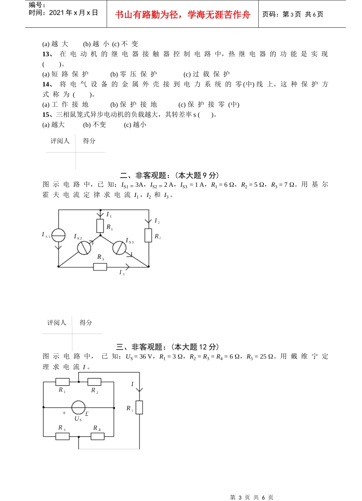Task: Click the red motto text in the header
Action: pyautogui.click(x=183, y=14)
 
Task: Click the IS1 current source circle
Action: pyautogui.click(x=58, y=235)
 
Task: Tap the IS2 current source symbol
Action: pyautogui.click(x=84, y=248)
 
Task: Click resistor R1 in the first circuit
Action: pyautogui.click(x=100, y=226)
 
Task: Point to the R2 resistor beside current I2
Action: pyautogui.click(x=149, y=235)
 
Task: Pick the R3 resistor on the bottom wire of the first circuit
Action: pyautogui.click(x=100, y=267)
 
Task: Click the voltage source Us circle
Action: pyautogui.click(x=78, y=407)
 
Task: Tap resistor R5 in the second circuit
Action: pyautogui.click(x=139, y=407)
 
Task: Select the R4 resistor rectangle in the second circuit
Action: pyautogui.click(x=98, y=436)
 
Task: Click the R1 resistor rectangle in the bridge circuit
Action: pyautogui.click(x=62, y=382)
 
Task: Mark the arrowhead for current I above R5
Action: pyautogui.click(x=139, y=390)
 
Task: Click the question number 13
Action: pyautogui.click(x=47, y=54)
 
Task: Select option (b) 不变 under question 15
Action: pyautogui.click(x=95, y=125)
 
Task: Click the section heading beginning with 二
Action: pyautogui.click(x=170, y=175)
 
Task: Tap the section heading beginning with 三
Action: pyautogui.click(x=168, y=347)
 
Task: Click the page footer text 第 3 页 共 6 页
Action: pyautogui.click(x=251, y=497)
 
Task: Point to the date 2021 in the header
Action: pyautogui.click(x=56, y=13)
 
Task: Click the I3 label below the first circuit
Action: pyautogui.click(x=122, y=272)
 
